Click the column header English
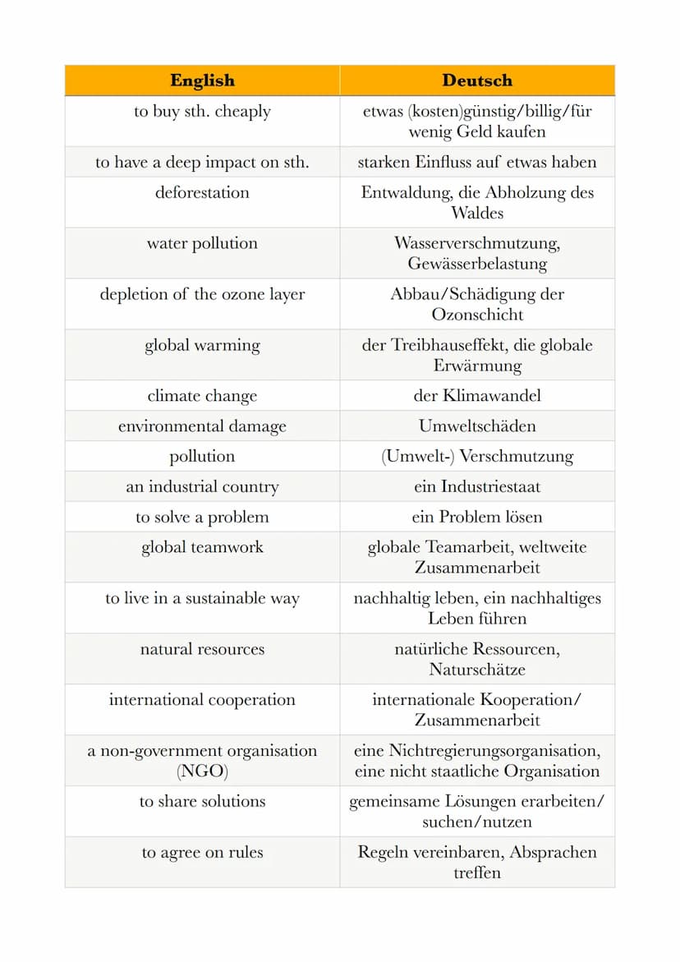(x=202, y=81)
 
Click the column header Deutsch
(x=477, y=81)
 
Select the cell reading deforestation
(x=202, y=192)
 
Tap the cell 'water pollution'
(x=202, y=243)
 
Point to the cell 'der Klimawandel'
(x=477, y=395)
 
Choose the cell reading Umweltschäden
(x=477, y=426)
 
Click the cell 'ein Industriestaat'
(x=477, y=486)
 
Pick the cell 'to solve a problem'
(x=202, y=517)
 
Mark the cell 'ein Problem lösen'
(x=477, y=517)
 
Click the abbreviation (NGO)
(x=202, y=771)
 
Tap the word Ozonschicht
(x=477, y=315)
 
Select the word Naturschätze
(x=477, y=670)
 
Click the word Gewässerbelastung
(x=477, y=264)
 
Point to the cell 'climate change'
(x=202, y=395)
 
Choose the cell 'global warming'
(x=202, y=345)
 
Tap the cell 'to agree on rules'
(x=202, y=852)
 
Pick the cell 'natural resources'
(x=202, y=649)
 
